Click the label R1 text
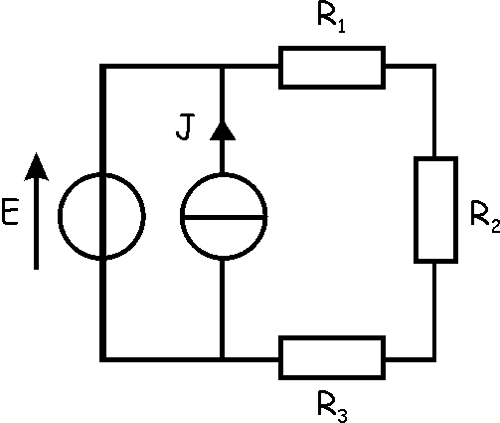point(331,19)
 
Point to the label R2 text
point(485,217)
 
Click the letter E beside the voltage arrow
point(10,212)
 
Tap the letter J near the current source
point(185,127)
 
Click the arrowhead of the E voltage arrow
point(37,167)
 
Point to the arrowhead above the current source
point(223,131)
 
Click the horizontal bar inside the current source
point(224,218)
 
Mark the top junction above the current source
point(223,67)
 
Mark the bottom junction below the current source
point(223,358)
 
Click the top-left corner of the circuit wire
point(103,67)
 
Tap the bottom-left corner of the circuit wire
point(103,358)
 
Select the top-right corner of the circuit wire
point(433,67)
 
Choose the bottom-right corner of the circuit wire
point(433,358)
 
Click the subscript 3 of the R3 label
point(342,415)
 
